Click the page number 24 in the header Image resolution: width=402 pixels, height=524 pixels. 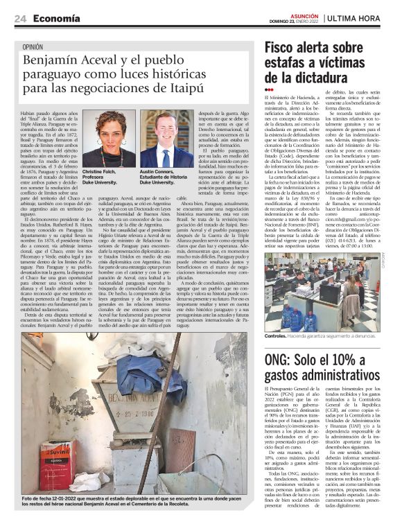(x=20, y=18)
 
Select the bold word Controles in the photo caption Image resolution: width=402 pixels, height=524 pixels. (x=278, y=336)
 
